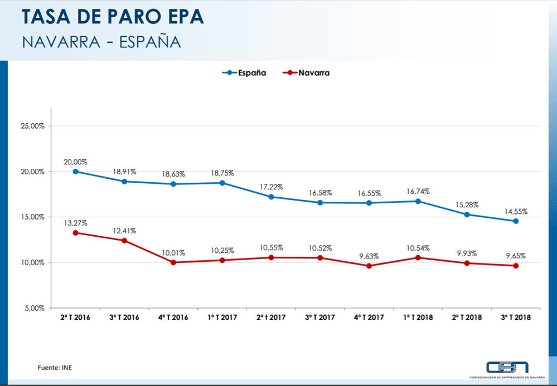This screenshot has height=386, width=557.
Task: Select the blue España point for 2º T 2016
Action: tap(76, 172)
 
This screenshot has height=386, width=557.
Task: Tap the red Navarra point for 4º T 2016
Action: tap(173, 262)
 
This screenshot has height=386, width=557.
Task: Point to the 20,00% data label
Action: tap(75, 162)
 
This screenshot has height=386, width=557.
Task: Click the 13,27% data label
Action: tap(75, 223)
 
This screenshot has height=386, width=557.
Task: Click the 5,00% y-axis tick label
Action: tap(34, 308)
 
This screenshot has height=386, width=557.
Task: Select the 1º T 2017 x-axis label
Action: tap(222, 317)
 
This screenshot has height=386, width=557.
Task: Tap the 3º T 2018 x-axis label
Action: tap(516, 317)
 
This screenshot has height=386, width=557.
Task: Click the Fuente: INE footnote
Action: tap(55, 367)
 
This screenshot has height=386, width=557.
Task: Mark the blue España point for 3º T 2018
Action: tap(516, 221)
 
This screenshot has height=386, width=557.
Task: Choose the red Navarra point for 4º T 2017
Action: tap(369, 266)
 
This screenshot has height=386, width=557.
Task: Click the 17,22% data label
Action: tap(271, 187)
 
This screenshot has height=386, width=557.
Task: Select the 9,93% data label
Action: tap(467, 253)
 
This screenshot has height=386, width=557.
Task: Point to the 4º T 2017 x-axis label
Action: tap(369, 317)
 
